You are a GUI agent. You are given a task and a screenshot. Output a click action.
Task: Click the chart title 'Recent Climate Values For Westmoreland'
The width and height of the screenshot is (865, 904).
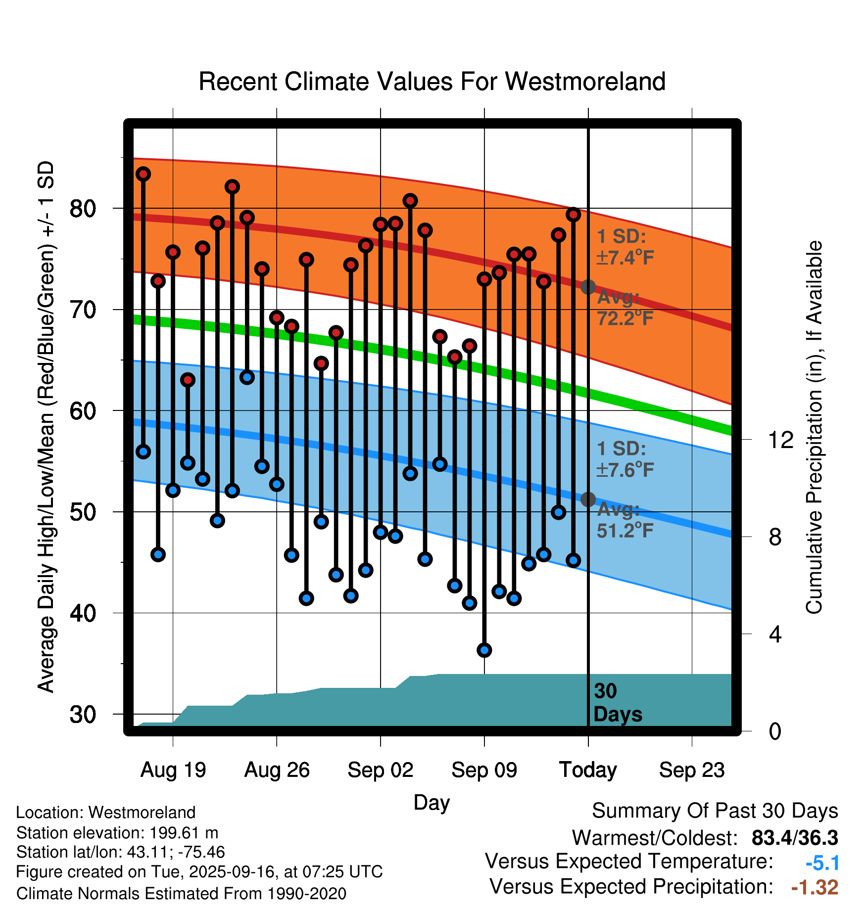pyautogui.click(x=432, y=82)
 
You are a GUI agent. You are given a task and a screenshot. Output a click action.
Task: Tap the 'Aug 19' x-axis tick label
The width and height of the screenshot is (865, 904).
pyautogui.click(x=173, y=770)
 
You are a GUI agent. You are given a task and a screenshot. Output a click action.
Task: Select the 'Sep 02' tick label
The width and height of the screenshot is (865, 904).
pyautogui.click(x=380, y=770)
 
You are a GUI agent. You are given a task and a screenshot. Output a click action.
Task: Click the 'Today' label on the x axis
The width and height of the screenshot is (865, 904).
pyautogui.click(x=588, y=770)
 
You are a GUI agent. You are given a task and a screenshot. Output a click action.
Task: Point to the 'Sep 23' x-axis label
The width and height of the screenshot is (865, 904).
pyautogui.click(x=692, y=770)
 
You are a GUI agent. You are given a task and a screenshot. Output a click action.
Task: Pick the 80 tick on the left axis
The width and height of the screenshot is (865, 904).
pyautogui.click(x=83, y=209)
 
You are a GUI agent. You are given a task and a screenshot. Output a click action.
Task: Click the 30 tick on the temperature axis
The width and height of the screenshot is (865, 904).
pyautogui.click(x=83, y=714)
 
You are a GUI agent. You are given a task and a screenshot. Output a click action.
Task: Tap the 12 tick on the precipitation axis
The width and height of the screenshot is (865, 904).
pyautogui.click(x=780, y=440)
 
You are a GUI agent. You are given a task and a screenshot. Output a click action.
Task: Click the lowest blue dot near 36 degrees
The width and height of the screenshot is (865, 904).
pyautogui.click(x=484, y=650)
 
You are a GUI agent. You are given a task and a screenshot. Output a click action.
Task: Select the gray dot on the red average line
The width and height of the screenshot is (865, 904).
pyautogui.click(x=588, y=287)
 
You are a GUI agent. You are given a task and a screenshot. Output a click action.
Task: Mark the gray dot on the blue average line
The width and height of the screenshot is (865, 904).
pyautogui.click(x=588, y=499)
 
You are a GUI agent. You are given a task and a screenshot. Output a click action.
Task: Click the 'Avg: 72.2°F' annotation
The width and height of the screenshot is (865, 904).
pyautogui.click(x=625, y=308)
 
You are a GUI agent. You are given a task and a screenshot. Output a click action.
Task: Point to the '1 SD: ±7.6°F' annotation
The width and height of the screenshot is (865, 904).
pyautogui.click(x=625, y=459)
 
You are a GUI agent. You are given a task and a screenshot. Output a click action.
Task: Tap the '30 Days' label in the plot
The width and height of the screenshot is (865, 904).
pyautogui.click(x=617, y=703)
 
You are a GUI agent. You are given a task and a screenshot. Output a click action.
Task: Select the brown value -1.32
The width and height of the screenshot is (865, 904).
pyautogui.click(x=815, y=887)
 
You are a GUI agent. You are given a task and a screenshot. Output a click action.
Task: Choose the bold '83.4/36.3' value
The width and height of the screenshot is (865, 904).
pyautogui.click(x=794, y=838)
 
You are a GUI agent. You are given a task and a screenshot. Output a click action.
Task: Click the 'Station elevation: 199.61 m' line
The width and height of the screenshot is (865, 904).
pyautogui.click(x=117, y=833)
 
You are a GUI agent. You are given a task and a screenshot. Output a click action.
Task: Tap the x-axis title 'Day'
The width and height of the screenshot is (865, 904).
pyautogui.click(x=432, y=802)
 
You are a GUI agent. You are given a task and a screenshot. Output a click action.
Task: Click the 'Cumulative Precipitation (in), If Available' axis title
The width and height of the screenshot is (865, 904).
pyautogui.click(x=814, y=427)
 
